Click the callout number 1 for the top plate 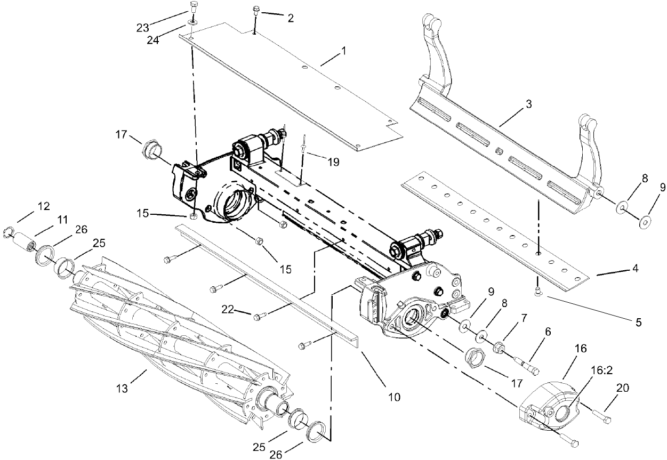[x=344, y=52]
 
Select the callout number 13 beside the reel [x=123, y=389]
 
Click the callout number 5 [x=638, y=322]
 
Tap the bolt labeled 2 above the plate [x=256, y=10]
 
